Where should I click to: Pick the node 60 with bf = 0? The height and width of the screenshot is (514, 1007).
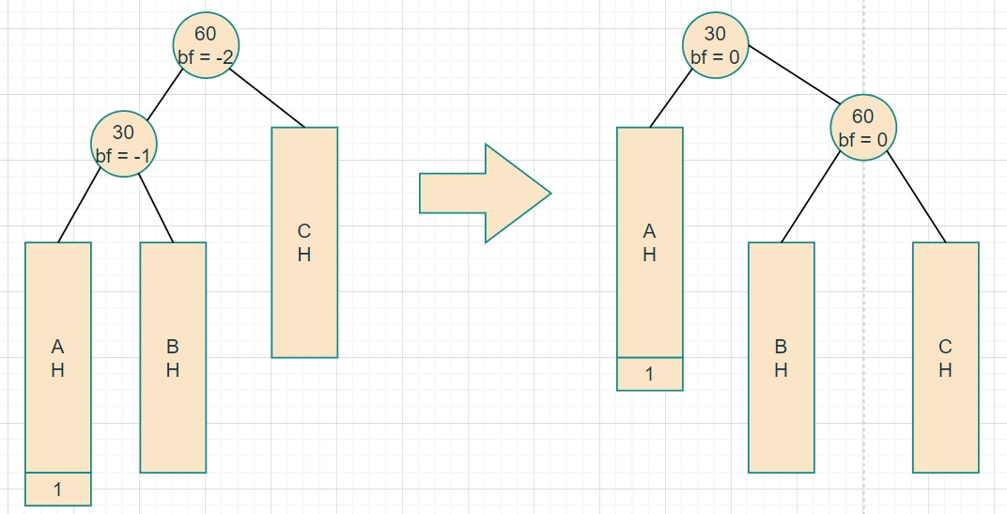pyautogui.click(x=862, y=128)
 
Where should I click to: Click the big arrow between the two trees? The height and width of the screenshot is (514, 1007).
pyautogui.click(x=484, y=194)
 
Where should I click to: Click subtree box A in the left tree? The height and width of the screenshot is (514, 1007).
pyautogui.click(x=58, y=357)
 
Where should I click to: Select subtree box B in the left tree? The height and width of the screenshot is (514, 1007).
pyautogui.click(x=173, y=357)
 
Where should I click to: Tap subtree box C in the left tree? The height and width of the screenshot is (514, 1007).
pyautogui.click(x=304, y=242)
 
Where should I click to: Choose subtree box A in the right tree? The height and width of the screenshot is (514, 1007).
pyautogui.click(x=649, y=242)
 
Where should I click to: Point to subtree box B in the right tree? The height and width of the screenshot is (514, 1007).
pyautogui.click(x=781, y=357)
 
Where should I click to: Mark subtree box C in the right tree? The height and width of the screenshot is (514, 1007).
pyautogui.click(x=945, y=357)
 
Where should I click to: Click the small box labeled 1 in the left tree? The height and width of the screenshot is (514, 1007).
pyautogui.click(x=58, y=489)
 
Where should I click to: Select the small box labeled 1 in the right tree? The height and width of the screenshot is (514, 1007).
pyautogui.click(x=649, y=374)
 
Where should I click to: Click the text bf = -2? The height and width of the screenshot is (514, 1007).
pyautogui.click(x=206, y=56)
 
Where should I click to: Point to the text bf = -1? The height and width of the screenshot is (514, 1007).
pyautogui.click(x=123, y=155)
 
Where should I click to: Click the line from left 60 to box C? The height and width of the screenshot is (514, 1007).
pyautogui.click(x=267, y=98)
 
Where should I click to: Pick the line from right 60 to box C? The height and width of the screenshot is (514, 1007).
pyautogui.click(x=917, y=195)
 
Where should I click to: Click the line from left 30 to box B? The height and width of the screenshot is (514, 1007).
pyautogui.click(x=157, y=208)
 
